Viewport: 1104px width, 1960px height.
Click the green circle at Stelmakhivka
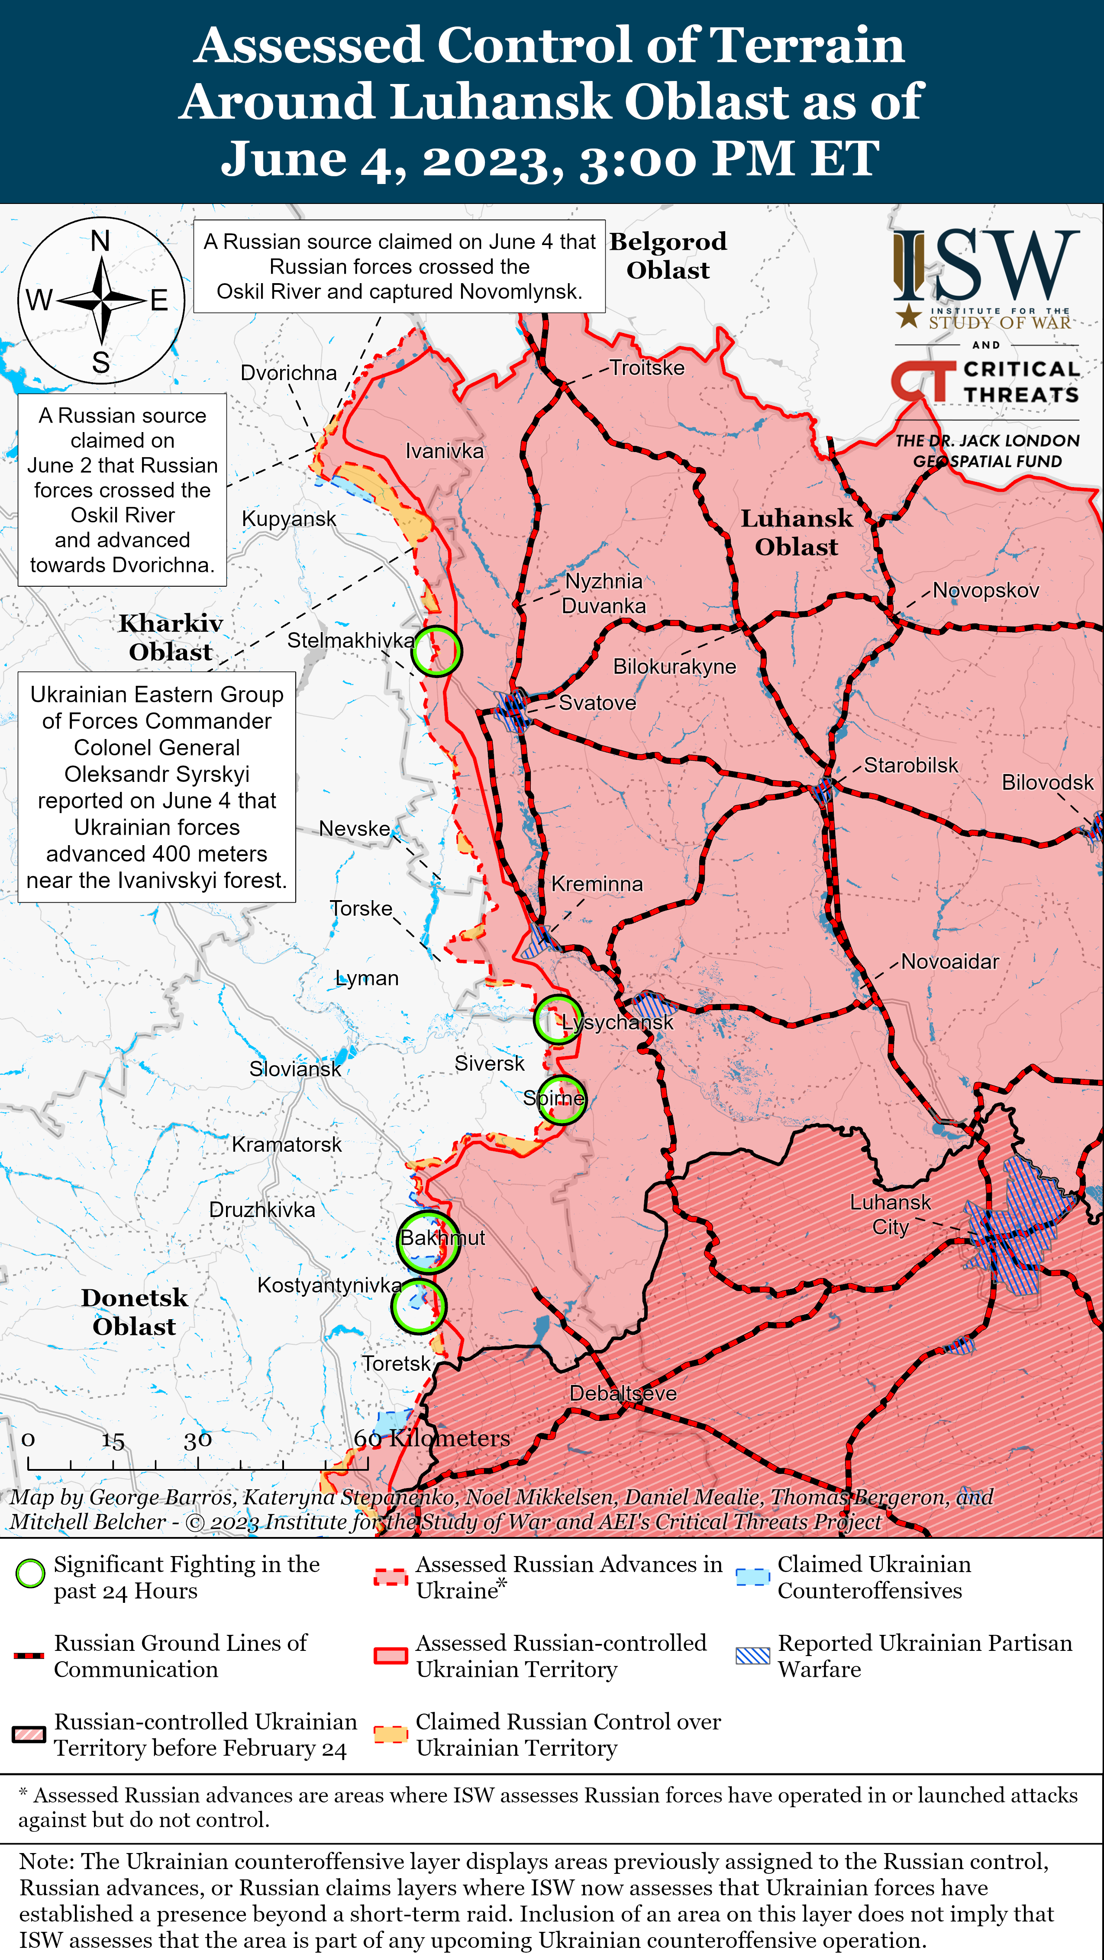coord(436,651)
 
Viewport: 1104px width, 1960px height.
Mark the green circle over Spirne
coord(562,1099)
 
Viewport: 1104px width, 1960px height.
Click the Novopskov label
coord(985,591)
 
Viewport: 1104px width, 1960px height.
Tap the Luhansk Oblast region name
coord(797,533)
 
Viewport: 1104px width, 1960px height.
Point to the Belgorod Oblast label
coord(668,255)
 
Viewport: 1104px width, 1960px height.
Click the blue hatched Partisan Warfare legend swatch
coord(752,1656)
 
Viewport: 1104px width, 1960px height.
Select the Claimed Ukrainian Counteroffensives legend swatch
coord(752,1576)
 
